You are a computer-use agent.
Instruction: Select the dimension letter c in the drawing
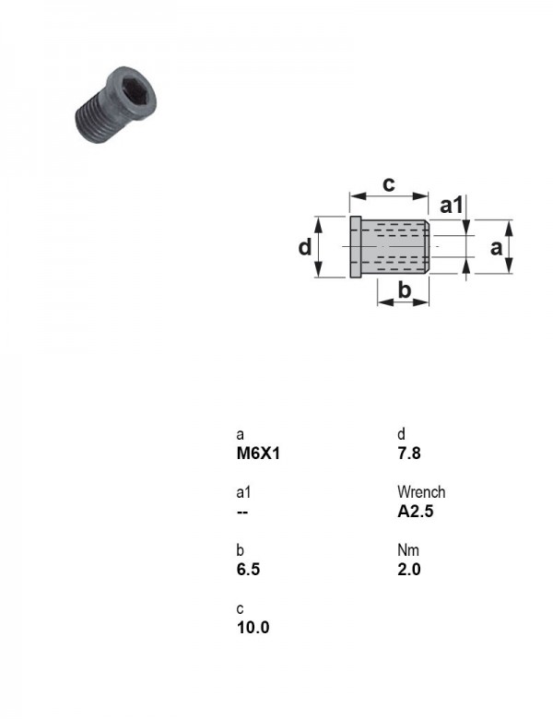tap(388, 183)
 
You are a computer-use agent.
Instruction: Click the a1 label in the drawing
tap(452, 205)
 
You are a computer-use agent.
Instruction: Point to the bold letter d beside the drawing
tap(304, 247)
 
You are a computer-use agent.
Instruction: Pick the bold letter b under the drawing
tap(404, 289)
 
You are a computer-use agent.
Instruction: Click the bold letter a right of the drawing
tap(496, 248)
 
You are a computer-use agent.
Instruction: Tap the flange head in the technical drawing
tap(356, 247)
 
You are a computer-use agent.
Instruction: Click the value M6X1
tap(258, 454)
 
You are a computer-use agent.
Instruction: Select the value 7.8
tap(409, 454)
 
